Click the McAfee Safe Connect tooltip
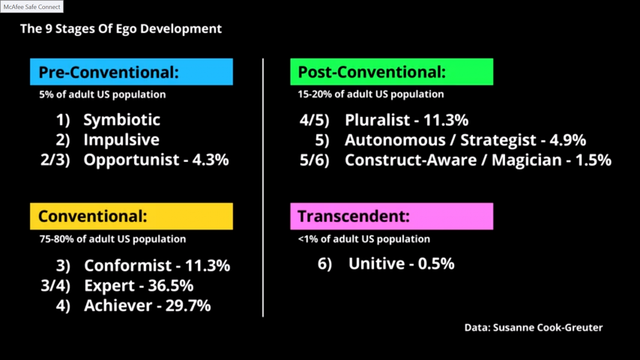32,6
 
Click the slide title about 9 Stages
121,29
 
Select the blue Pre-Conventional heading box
131,72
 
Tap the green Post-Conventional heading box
392,72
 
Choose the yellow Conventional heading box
131,216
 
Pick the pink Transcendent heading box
392,216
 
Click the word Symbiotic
122,120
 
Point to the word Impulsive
121,140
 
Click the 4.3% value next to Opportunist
211,160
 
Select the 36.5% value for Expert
171,285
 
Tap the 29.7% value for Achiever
188,306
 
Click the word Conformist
128,266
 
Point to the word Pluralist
377,120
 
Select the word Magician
527,160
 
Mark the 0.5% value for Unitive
436,264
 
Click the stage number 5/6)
315,160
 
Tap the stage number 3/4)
55,286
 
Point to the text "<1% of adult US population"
364,239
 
